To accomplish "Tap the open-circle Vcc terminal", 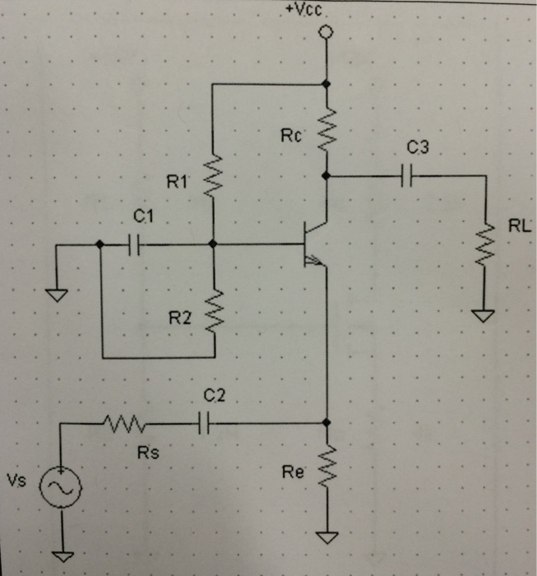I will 326,32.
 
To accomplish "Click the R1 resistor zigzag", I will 213,174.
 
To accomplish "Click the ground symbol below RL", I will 485,314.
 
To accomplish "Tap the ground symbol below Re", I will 326,539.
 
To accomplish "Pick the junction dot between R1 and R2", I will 213,244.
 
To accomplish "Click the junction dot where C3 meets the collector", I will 326,174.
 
